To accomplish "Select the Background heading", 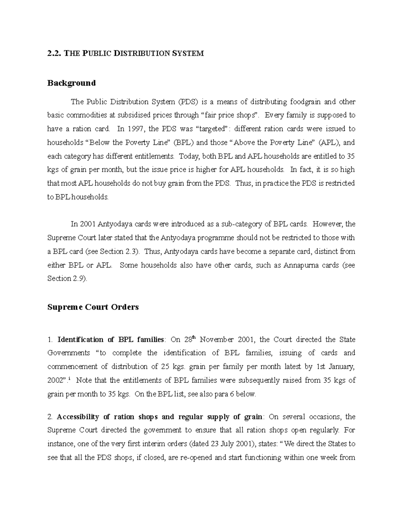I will click(x=71, y=83).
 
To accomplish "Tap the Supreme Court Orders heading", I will click(x=93, y=307).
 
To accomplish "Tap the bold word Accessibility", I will click(x=78, y=417).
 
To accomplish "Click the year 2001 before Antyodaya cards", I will click(x=87, y=224).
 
